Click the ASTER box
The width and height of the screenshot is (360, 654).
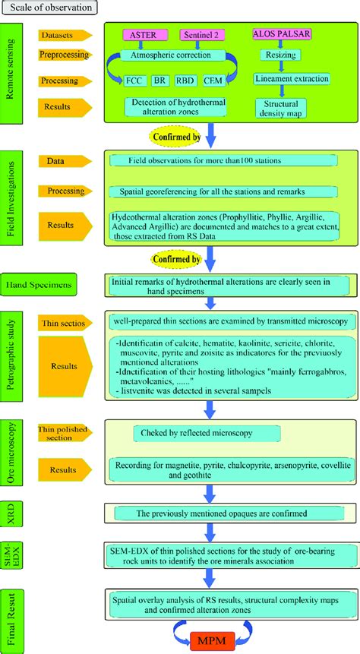click(x=144, y=36)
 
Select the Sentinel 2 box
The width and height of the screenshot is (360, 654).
click(x=201, y=36)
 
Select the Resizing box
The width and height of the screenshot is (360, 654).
click(x=281, y=55)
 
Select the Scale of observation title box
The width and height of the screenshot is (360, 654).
click(x=49, y=8)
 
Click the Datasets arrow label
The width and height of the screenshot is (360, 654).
click(x=65, y=35)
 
